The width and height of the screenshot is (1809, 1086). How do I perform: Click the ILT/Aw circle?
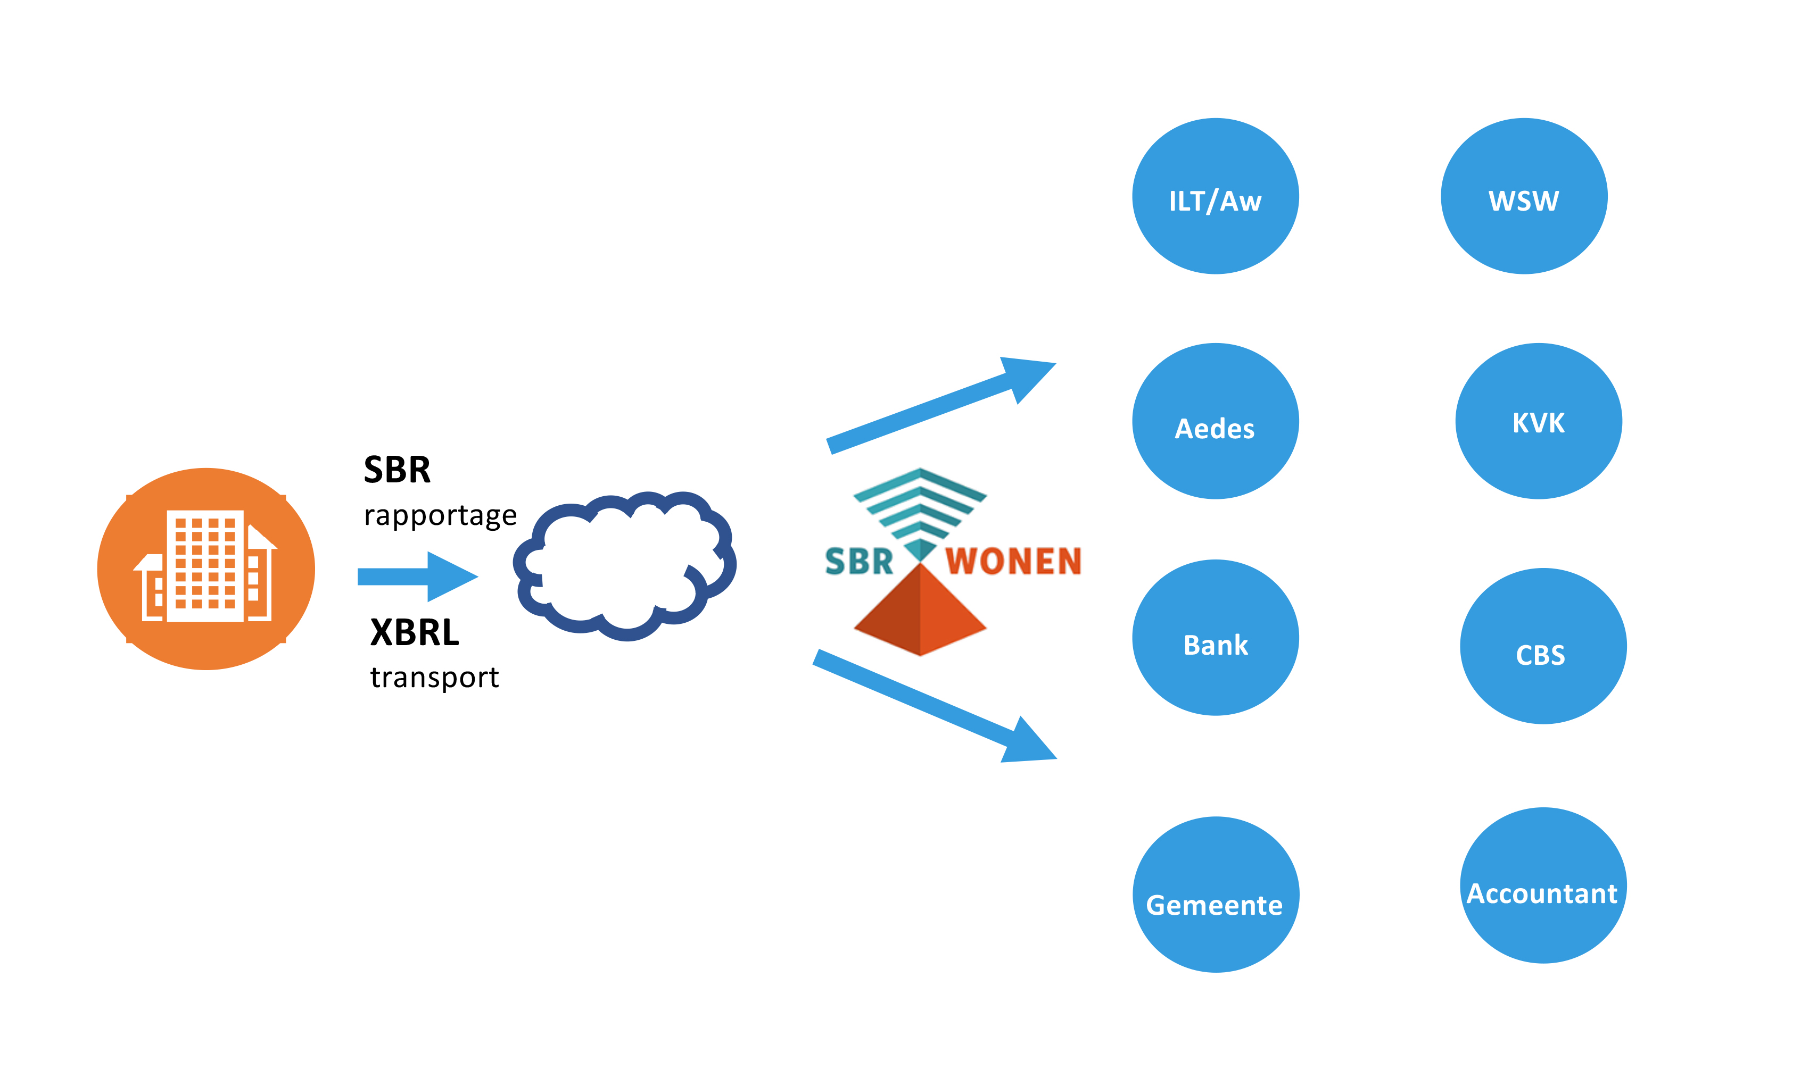(1215, 196)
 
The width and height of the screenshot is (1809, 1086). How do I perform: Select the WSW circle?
(1524, 196)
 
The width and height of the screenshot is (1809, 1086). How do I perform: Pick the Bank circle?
(1215, 638)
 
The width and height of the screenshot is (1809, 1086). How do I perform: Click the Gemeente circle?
(1215, 894)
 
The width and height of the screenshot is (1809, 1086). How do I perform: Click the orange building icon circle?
(206, 569)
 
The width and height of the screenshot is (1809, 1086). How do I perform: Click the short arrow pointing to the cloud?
(417, 577)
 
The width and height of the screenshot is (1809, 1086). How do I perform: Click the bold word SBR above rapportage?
(397, 470)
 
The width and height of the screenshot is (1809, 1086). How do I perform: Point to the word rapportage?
(440, 515)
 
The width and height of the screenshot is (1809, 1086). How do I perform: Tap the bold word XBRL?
(415, 632)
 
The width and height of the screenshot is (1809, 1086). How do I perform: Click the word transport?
(434, 678)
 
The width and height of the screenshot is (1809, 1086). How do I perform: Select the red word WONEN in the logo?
(1012, 561)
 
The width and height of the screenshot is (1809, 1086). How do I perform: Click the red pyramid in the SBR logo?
(920, 611)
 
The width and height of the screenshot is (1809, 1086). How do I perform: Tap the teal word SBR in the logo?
(859, 561)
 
